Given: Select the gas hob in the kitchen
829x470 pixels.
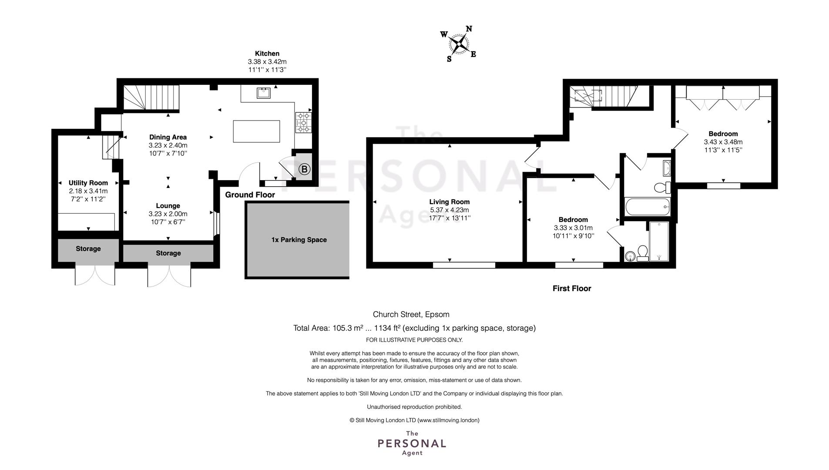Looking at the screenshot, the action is coord(303,122).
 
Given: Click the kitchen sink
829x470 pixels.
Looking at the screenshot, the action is coord(264,93).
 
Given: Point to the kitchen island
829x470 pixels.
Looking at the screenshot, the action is coord(256,131).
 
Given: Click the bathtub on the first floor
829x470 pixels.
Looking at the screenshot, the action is coord(648,207).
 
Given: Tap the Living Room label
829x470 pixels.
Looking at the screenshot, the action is coord(450,202).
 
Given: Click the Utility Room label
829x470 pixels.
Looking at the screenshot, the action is coord(88,183).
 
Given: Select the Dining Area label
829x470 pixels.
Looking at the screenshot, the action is coord(168,137).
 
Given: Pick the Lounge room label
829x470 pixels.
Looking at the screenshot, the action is coord(168,206).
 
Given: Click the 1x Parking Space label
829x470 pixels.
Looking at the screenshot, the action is coord(299,240).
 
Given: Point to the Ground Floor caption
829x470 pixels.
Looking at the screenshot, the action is coord(250,195).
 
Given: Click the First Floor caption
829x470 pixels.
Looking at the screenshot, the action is coord(572,289).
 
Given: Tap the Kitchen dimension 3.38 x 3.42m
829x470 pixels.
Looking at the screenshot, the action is coord(267,62).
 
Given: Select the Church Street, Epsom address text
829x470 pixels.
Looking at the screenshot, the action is coord(411,314).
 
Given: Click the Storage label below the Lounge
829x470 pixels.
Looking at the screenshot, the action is coord(168,253).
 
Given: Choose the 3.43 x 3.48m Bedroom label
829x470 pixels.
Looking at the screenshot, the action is coord(723,142).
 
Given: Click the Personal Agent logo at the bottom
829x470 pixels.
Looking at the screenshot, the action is coord(412,443).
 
